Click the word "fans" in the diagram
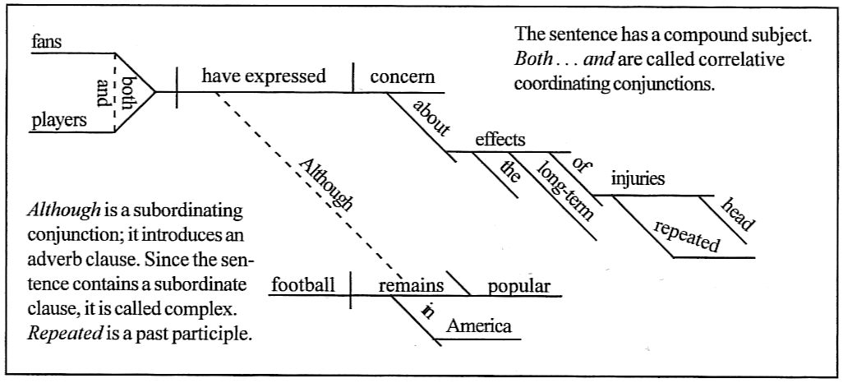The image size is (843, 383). [46, 41]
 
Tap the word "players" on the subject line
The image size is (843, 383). [59, 120]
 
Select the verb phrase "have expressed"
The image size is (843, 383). [263, 76]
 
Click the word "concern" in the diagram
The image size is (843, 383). [402, 77]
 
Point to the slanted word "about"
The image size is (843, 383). [431, 118]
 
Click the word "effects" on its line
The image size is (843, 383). [500, 139]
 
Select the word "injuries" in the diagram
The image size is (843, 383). [638, 178]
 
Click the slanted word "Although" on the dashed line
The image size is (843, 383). [325, 185]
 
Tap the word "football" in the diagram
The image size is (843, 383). [303, 285]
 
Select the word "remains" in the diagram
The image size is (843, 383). [411, 285]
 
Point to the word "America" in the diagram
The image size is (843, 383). [478, 326]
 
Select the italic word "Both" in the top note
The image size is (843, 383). [532, 61]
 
